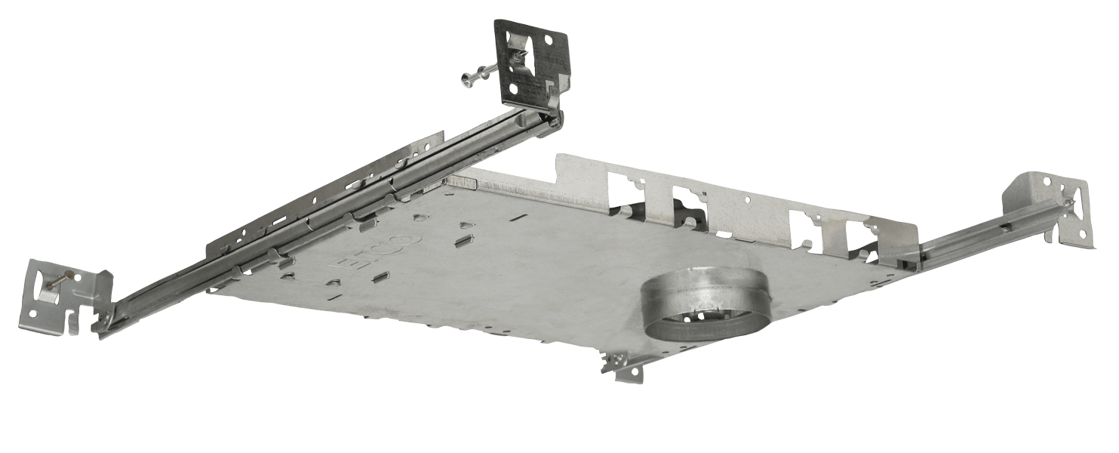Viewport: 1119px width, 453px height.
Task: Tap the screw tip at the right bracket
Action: coord(1074,200)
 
